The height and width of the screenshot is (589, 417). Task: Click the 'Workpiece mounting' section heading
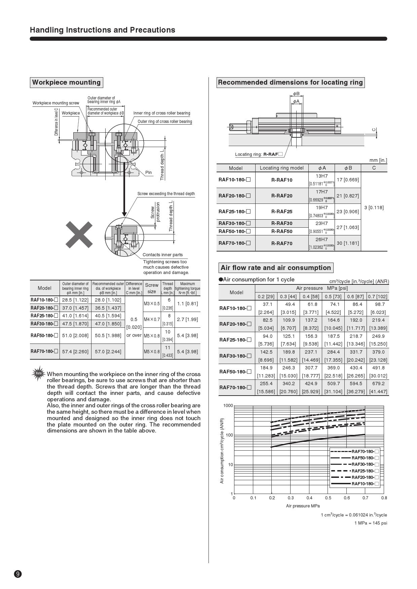point(66,82)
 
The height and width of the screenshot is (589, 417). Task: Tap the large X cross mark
point(79,234)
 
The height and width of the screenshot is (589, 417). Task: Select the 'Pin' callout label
point(148,173)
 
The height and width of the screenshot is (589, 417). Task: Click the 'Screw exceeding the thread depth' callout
point(166,194)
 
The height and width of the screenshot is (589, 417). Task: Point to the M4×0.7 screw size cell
point(152,319)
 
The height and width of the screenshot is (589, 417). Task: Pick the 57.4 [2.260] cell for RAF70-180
point(75,352)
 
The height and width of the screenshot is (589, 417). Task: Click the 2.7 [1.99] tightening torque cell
point(187,319)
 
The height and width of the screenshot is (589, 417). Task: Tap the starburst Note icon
point(39,373)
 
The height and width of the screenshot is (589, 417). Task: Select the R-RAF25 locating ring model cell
point(281,212)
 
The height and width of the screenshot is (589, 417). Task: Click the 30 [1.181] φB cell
point(348,243)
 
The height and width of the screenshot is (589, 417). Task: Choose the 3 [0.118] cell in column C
point(374,208)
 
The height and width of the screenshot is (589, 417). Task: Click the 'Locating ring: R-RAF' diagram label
point(259,154)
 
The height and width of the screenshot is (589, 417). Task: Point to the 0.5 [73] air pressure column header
point(333,297)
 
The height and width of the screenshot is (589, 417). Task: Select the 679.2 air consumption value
point(378,383)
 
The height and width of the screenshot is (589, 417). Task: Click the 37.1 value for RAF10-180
point(267,304)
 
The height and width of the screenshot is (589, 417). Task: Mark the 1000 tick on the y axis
point(228,406)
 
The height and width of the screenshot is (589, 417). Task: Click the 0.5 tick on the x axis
point(328,498)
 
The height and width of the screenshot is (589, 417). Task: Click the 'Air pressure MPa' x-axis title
point(303,506)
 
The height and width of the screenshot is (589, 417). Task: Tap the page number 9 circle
point(18,574)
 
